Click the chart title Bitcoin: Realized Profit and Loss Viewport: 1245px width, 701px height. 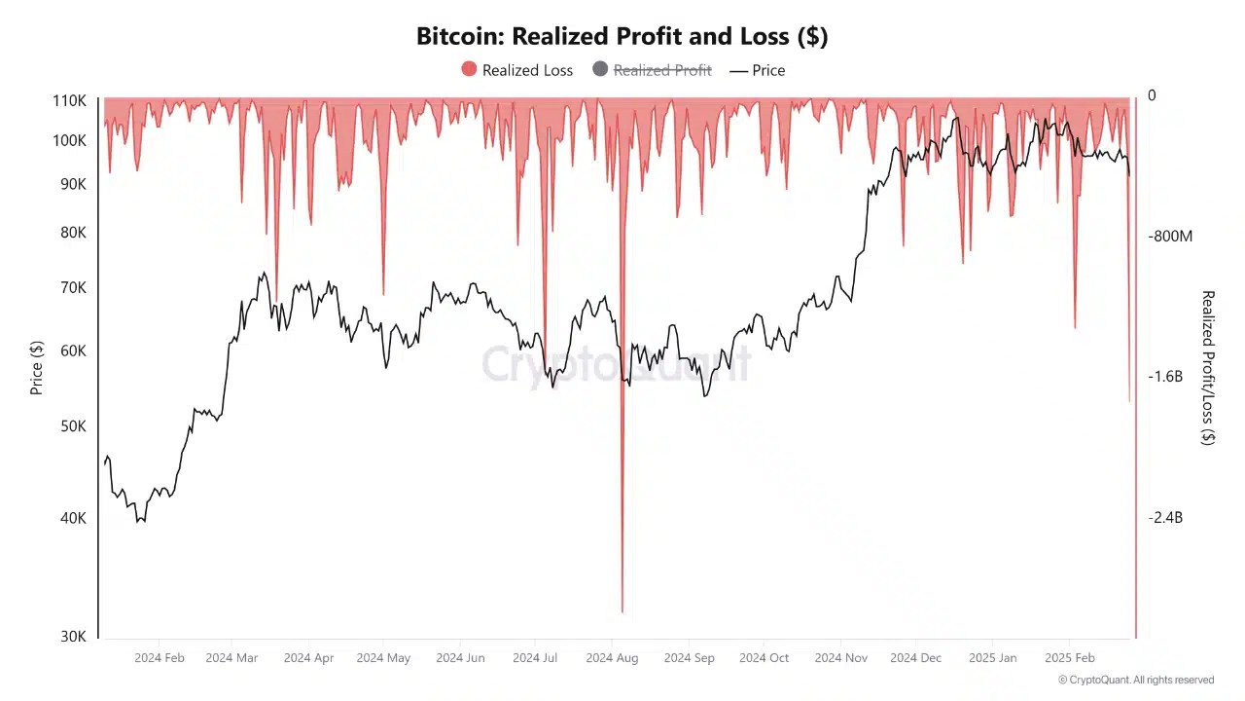[622, 36]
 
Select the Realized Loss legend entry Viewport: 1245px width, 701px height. [516, 70]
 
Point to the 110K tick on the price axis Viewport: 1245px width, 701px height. [69, 100]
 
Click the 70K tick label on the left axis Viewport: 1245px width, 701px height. [73, 288]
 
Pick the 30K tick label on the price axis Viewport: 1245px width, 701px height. [73, 636]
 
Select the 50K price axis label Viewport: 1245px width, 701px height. [73, 426]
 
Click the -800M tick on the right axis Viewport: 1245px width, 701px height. [1169, 237]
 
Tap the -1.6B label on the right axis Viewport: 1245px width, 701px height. [1165, 377]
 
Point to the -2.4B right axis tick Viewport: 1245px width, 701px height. [1165, 518]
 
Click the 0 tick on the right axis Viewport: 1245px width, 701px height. [1152, 95]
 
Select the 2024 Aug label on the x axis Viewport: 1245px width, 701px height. [612, 658]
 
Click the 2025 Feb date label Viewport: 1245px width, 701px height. [1069, 658]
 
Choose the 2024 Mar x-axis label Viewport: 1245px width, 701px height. [231, 658]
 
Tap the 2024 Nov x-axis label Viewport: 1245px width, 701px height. [840, 658]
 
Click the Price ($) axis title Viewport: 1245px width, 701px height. [37, 367]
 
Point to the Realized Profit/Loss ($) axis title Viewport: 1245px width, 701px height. [1207, 367]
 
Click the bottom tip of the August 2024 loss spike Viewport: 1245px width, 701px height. [622, 611]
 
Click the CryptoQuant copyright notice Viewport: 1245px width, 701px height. [1135, 680]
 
